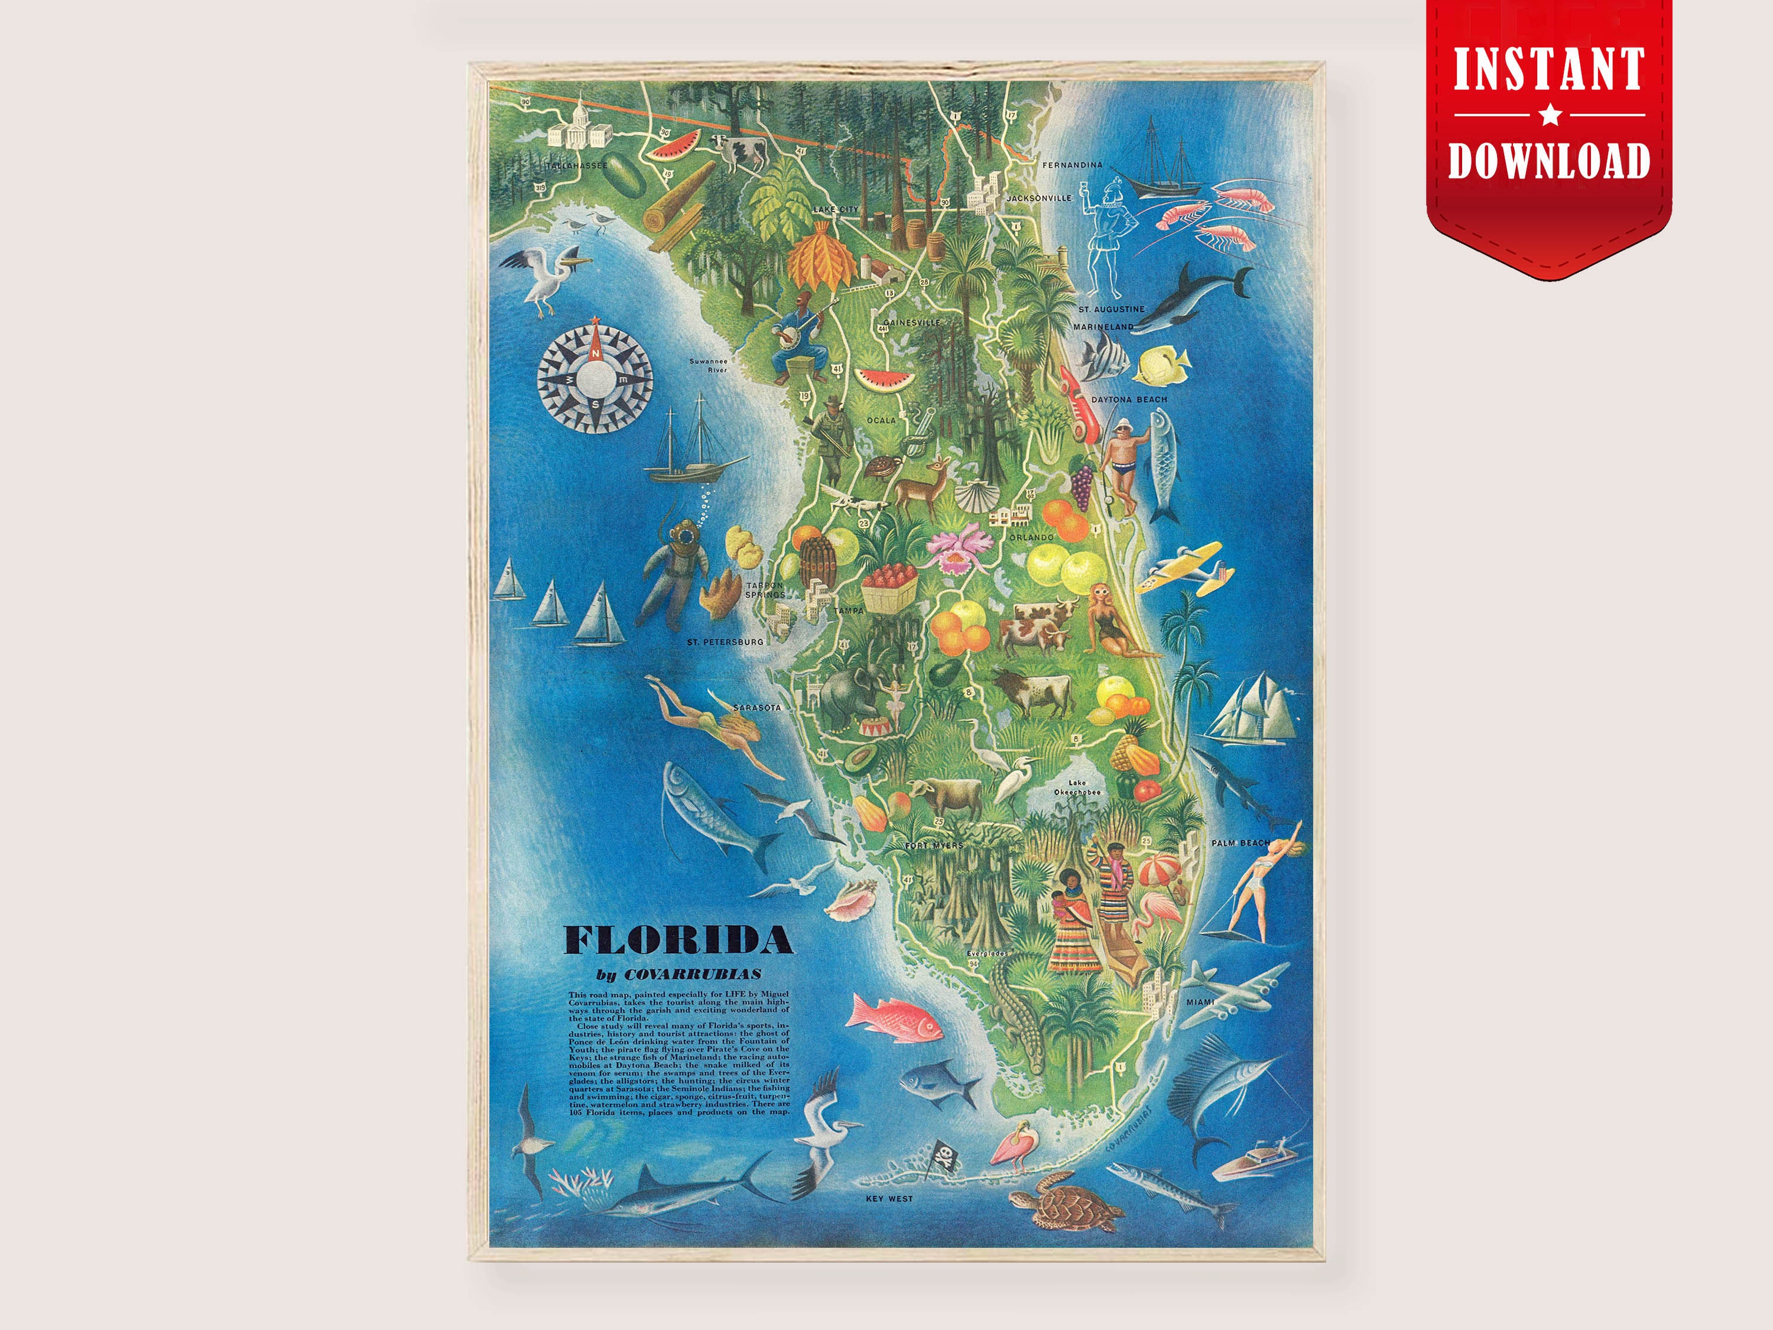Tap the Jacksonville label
click(1039, 197)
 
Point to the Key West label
click(889, 1199)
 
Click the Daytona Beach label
click(1129, 399)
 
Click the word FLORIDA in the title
click(678, 940)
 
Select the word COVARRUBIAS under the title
click(693, 975)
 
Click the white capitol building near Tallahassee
click(574, 126)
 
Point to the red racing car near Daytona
click(1080, 406)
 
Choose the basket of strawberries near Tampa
click(889, 588)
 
